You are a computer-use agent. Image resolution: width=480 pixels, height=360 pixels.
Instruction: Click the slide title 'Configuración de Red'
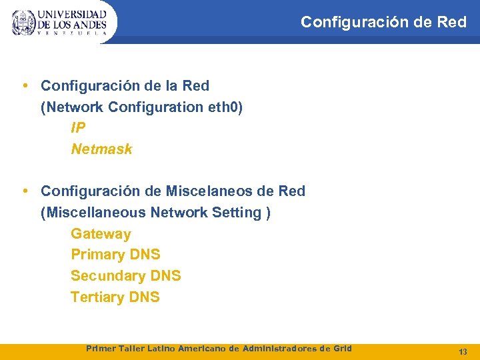click(383, 22)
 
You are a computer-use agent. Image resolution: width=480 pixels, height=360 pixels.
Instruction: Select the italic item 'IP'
click(78, 128)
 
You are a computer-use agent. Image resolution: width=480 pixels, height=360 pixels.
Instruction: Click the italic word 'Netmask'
click(101, 149)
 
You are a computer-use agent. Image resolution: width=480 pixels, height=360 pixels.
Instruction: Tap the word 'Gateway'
click(101, 234)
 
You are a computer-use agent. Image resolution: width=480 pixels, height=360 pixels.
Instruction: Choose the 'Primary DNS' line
click(115, 255)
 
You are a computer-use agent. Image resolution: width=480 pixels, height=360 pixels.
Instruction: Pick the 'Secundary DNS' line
click(125, 276)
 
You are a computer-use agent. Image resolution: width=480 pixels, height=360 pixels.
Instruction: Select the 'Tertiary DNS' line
click(115, 297)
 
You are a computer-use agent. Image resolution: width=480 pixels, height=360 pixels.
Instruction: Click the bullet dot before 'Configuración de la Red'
click(25, 85)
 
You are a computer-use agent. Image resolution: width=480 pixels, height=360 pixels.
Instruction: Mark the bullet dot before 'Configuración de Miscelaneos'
click(25, 191)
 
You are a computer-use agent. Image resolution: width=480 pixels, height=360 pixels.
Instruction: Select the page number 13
click(463, 351)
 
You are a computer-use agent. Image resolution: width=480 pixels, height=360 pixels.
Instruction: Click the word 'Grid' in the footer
click(341, 349)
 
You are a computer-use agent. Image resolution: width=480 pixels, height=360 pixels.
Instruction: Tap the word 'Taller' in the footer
click(131, 349)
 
